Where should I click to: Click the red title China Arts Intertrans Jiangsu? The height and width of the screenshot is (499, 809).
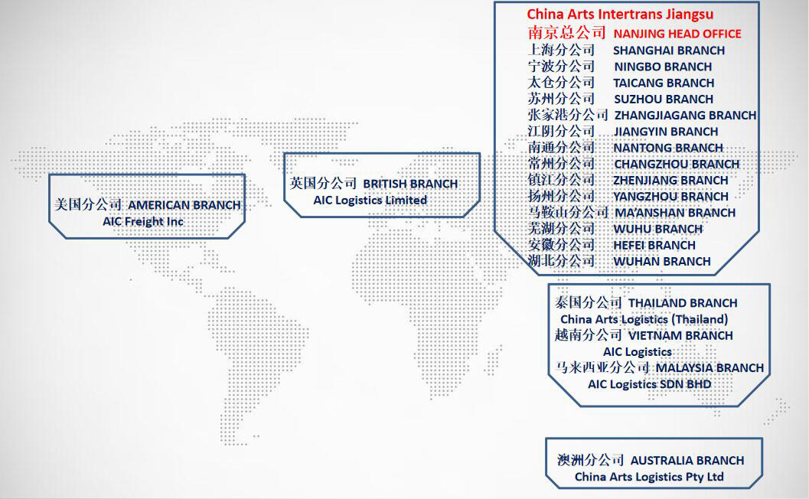pos(620,15)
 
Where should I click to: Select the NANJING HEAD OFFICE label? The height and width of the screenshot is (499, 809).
pos(677,34)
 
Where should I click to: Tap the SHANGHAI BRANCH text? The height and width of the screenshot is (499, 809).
pos(669,51)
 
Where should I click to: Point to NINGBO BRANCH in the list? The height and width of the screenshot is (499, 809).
pos(663,67)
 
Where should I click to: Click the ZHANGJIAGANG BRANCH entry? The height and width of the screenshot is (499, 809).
pos(685,115)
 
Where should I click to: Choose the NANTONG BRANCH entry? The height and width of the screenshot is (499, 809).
pos(668,148)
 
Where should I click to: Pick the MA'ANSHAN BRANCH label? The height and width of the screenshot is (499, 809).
pos(675,213)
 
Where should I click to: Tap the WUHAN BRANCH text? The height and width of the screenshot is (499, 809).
pos(662,262)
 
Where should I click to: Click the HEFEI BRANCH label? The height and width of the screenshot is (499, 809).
pos(654,245)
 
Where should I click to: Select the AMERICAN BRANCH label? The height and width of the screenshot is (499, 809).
pos(184,205)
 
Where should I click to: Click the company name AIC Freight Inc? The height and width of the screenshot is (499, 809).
pos(143,222)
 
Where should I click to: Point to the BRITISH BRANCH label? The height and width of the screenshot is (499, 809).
pos(410,184)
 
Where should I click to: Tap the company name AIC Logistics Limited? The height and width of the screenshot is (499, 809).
pos(370,201)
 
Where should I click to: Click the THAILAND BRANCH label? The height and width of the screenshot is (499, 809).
pos(683,303)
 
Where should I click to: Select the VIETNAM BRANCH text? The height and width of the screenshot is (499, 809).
pos(680,335)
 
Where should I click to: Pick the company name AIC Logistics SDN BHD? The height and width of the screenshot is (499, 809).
pos(650,384)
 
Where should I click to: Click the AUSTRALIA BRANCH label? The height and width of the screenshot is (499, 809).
pos(687,460)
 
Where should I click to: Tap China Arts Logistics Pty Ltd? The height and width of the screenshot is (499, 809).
pos(649,477)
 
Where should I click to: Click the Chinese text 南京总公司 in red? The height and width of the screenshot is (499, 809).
pos(566,32)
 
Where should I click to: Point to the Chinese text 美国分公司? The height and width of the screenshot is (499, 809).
pos(88,204)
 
